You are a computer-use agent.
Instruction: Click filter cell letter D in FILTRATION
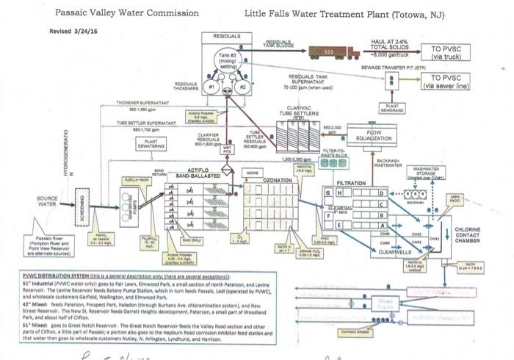[380, 192]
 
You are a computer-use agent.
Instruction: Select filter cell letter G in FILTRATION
[329, 192]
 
